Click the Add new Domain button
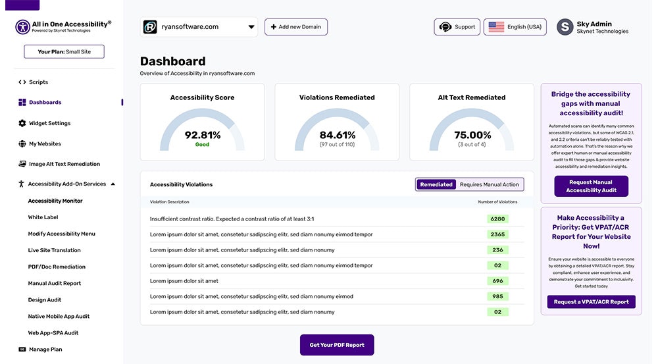(x=296, y=27)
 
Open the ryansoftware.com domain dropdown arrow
(x=251, y=27)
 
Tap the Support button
(x=457, y=27)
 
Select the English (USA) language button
(x=515, y=27)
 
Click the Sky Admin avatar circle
(x=565, y=27)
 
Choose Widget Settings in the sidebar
(x=49, y=123)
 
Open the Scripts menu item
(x=38, y=82)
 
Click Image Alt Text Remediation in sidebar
(x=64, y=164)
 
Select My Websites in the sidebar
(x=45, y=143)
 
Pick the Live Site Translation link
(x=54, y=250)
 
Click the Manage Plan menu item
(x=45, y=350)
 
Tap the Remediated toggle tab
(x=436, y=184)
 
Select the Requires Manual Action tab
(x=490, y=184)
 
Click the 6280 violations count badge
(x=497, y=219)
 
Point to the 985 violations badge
(x=497, y=296)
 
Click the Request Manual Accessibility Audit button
(x=591, y=186)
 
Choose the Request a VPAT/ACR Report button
(x=591, y=301)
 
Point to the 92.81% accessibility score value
(x=203, y=135)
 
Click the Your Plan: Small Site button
(x=64, y=51)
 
